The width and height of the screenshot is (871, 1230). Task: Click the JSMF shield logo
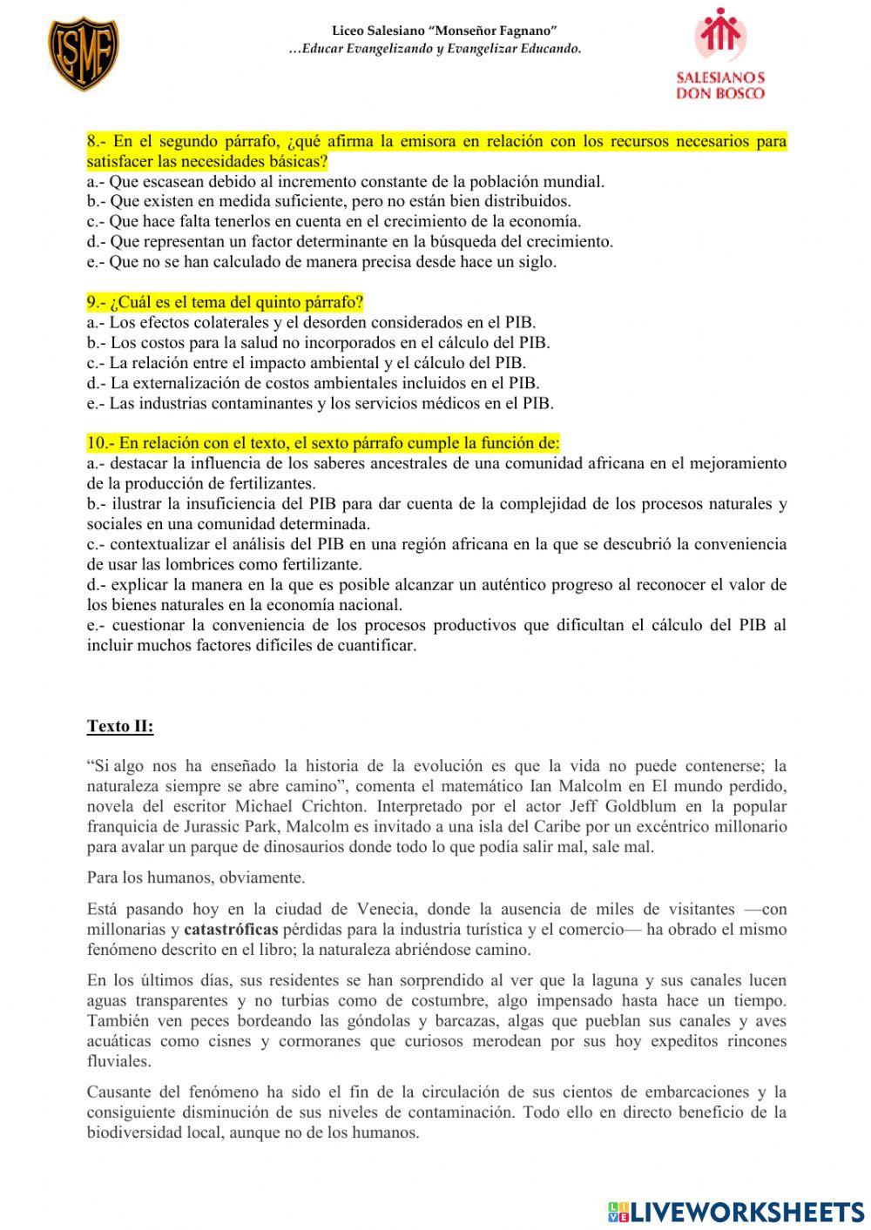(83, 55)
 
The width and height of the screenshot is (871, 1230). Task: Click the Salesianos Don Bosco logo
(720, 54)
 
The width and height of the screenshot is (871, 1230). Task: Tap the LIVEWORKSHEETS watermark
(736, 1211)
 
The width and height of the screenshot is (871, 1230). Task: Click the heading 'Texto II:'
(120, 726)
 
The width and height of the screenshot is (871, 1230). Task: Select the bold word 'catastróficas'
(231, 930)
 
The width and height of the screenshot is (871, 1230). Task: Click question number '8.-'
(98, 141)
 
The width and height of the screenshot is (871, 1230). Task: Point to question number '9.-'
(97, 302)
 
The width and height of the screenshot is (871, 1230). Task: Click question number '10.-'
(100, 443)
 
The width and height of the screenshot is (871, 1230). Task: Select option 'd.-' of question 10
(97, 584)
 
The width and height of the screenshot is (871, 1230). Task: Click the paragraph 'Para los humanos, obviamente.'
(196, 877)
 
